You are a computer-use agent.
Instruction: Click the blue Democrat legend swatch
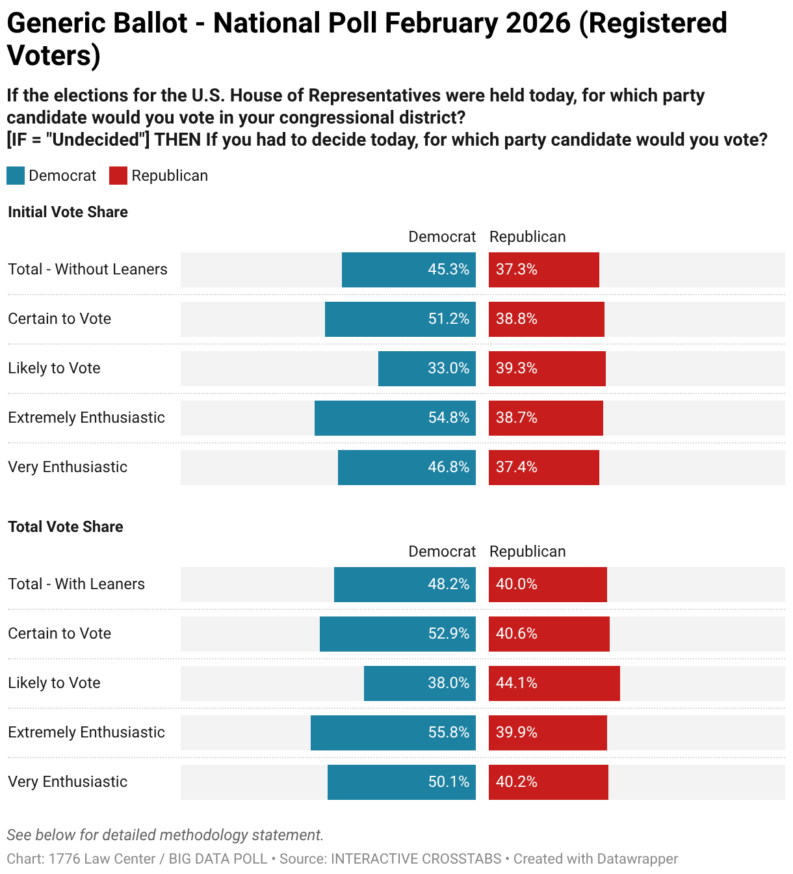[x=16, y=176]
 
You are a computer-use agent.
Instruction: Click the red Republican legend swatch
[x=118, y=176]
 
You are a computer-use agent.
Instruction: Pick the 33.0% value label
[x=448, y=369]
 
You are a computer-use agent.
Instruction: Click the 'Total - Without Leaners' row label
[x=88, y=269]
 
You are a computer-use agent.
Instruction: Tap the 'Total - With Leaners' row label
[x=77, y=584]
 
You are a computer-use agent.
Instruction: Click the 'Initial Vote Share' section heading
[x=68, y=212]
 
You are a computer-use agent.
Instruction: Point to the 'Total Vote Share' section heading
[x=66, y=527]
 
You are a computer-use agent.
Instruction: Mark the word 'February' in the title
[x=441, y=23]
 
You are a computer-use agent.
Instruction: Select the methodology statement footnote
[x=165, y=835]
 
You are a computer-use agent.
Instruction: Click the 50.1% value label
[x=448, y=782]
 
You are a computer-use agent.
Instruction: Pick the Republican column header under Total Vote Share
[x=527, y=551]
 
